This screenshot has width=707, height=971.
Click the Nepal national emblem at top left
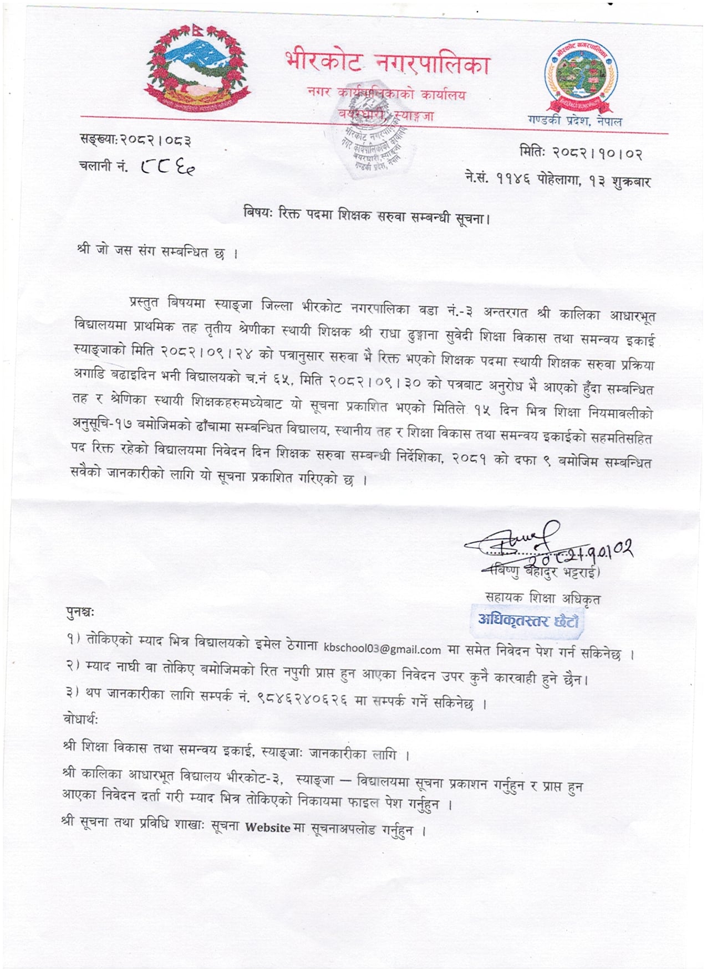196,68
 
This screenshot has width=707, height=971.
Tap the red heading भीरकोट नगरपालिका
388,63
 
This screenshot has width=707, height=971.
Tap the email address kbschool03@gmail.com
382,649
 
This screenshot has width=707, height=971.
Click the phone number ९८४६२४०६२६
302,700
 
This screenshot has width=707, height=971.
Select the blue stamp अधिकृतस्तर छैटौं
528,620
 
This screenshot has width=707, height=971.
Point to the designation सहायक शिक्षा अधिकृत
542,597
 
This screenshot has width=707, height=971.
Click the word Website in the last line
268,828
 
